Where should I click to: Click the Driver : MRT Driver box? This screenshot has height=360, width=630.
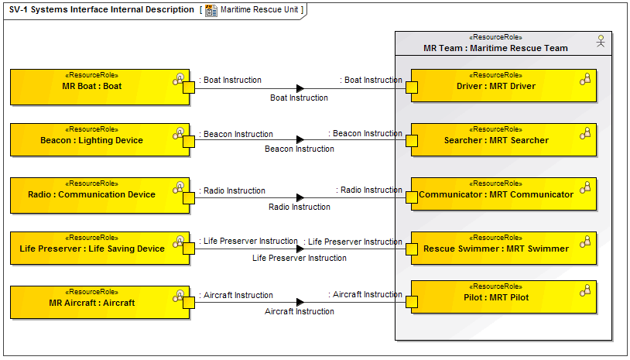pyautogui.click(x=503, y=86)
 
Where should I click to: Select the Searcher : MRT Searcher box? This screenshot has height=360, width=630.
pyautogui.click(x=503, y=140)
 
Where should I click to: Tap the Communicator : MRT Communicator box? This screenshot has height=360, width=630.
pyautogui.click(x=503, y=194)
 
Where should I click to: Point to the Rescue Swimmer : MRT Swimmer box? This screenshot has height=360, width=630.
pyautogui.click(x=503, y=249)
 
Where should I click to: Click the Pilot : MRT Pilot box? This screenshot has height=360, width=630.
pyautogui.click(x=503, y=297)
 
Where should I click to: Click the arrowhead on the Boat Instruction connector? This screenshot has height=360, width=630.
pyautogui.click(x=300, y=88)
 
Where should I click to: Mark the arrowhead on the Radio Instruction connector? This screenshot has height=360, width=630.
pyautogui.click(x=300, y=197)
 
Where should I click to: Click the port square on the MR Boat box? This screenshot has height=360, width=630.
pyautogui.click(x=188, y=87)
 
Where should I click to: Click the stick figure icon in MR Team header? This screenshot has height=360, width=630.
pyautogui.click(x=600, y=41)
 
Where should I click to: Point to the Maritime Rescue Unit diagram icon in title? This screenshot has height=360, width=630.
pyautogui.click(x=211, y=10)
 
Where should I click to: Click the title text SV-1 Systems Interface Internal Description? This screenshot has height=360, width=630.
pyautogui.click(x=101, y=10)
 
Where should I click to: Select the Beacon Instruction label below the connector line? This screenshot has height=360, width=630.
pyautogui.click(x=300, y=149)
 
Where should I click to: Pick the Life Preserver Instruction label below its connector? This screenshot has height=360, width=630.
pyautogui.click(x=300, y=258)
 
